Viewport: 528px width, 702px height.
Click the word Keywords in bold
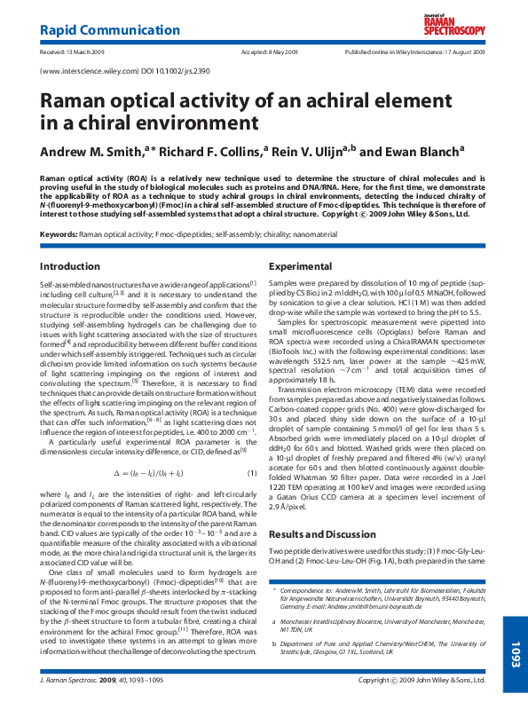(59, 234)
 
